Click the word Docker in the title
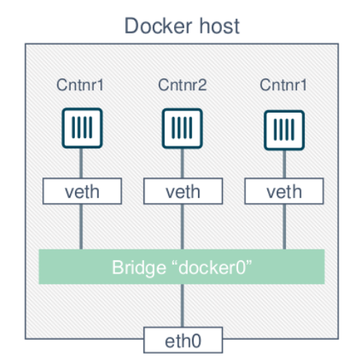(x=159, y=25)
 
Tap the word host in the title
(x=219, y=25)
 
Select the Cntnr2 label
(x=182, y=85)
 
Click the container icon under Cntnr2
(x=182, y=129)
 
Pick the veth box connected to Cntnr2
(x=183, y=191)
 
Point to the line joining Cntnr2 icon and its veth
(x=182, y=164)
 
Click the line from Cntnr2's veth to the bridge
(x=182, y=227)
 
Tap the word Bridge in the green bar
(x=139, y=268)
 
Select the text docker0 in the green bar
(x=213, y=268)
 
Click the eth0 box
(x=183, y=340)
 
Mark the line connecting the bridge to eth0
(x=182, y=305)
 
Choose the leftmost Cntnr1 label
(x=80, y=85)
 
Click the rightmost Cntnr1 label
(x=283, y=85)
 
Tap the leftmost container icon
(x=82, y=128)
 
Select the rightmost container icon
(x=284, y=130)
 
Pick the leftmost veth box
(x=82, y=191)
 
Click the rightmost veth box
(x=284, y=191)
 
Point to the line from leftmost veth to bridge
(x=81, y=227)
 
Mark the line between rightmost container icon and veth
(x=284, y=164)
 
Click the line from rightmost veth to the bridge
(x=284, y=227)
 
